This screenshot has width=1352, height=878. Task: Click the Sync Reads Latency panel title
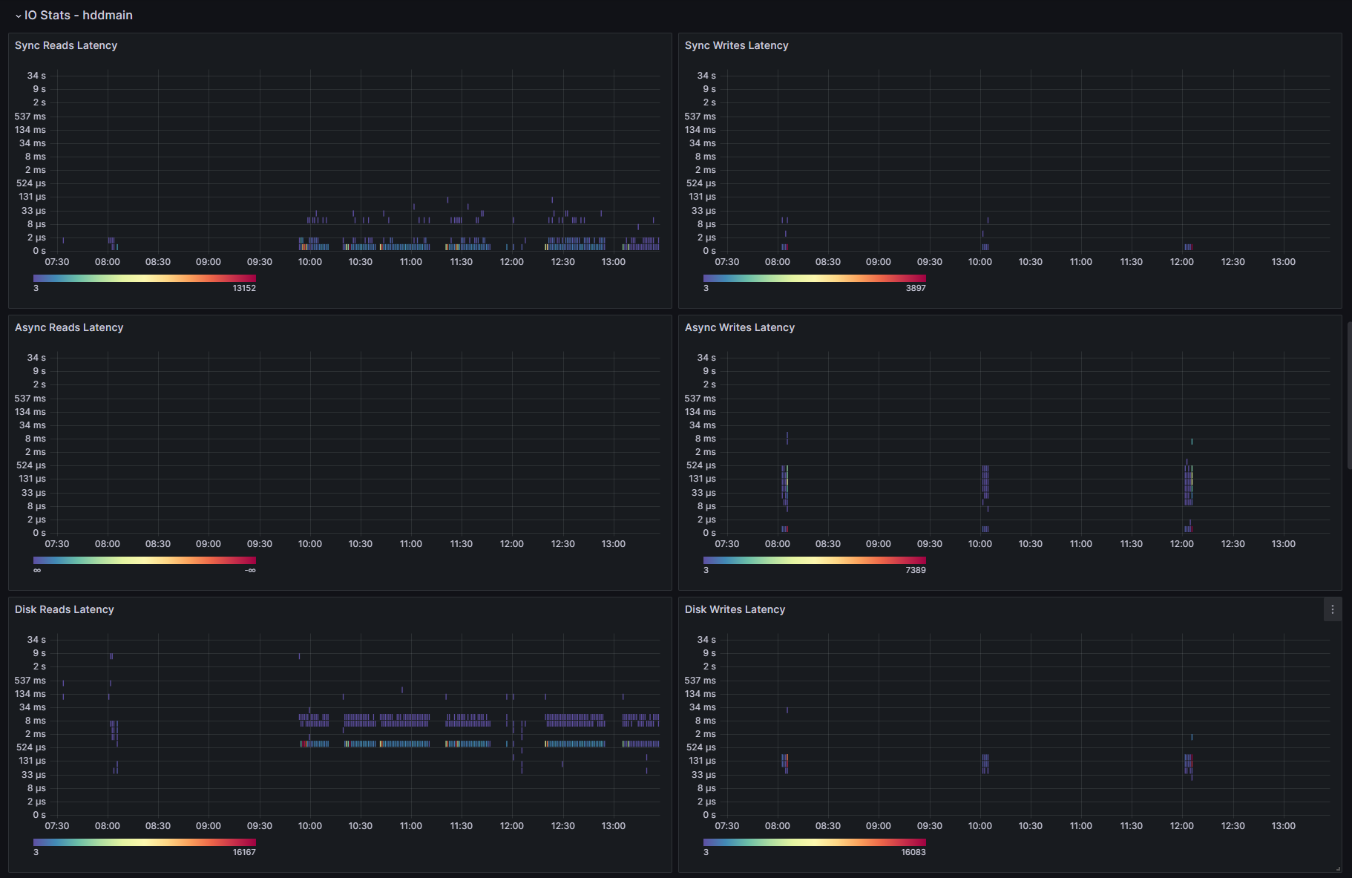66,45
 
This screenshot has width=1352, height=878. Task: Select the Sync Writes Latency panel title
736,45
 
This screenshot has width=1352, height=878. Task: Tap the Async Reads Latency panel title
69,327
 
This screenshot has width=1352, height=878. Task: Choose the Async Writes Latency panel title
739,327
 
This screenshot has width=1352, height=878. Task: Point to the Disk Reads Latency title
65,609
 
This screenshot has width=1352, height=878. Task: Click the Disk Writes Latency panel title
735,609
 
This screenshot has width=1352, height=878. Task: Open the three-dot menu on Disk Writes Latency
1333,609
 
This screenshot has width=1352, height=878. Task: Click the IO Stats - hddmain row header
78,15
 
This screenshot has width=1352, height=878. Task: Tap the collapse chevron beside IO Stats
19,16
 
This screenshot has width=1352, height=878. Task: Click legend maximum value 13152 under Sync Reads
244,288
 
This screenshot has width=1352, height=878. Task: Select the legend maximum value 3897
916,288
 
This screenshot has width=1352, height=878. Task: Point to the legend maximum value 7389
916,570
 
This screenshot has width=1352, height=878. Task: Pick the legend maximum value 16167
244,852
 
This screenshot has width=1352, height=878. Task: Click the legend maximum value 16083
913,852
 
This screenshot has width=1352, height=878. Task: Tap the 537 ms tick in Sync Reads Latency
30,117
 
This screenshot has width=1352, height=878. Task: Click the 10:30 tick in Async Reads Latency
361,544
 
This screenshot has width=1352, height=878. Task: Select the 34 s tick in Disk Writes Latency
706,640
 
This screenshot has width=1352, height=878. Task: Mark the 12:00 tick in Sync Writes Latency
1182,262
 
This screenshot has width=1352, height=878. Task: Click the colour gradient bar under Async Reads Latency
145,560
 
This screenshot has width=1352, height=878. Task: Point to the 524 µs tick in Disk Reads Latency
31,747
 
